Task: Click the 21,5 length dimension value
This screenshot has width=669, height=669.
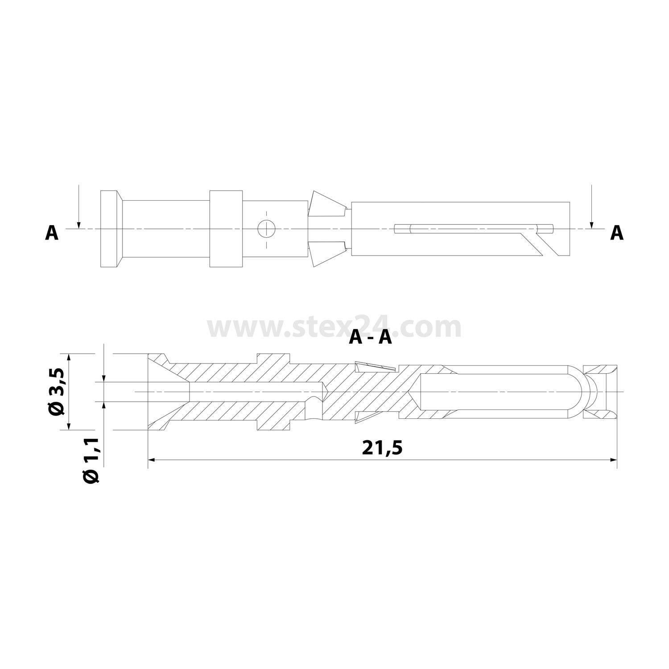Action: click(x=383, y=447)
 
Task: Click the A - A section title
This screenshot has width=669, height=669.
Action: click(x=370, y=338)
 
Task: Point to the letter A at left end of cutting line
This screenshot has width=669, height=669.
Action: click(x=52, y=233)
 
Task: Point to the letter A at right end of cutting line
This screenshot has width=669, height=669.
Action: click(x=617, y=233)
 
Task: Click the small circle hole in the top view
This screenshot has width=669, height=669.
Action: click(x=267, y=229)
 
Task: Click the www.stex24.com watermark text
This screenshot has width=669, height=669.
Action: click(x=334, y=328)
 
